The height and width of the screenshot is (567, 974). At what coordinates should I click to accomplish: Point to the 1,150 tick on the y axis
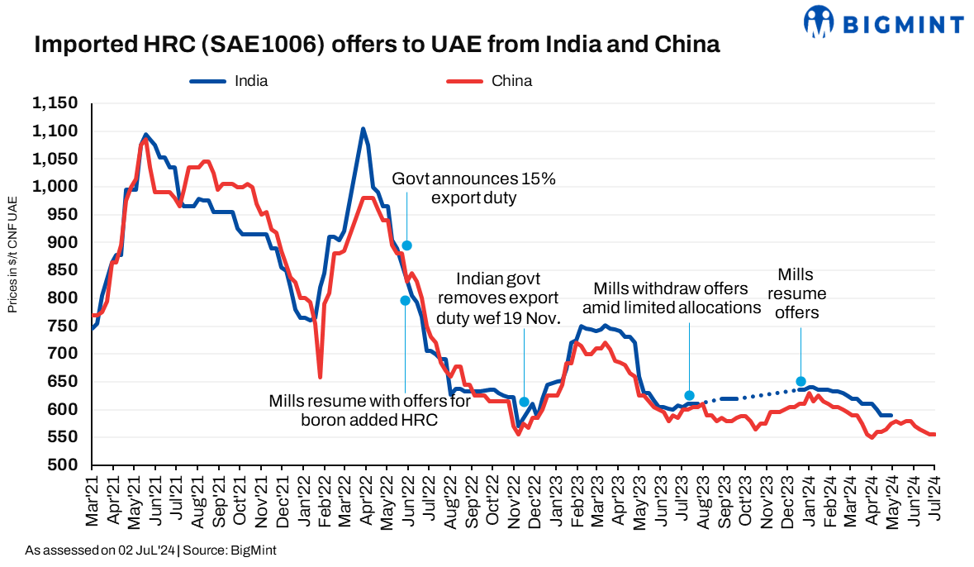tap(55, 103)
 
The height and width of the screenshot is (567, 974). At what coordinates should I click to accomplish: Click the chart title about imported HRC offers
tap(377, 45)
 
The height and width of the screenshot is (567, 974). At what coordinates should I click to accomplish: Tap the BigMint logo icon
tap(818, 22)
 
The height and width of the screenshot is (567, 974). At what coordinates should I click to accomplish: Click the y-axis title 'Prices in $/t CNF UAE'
tap(12, 255)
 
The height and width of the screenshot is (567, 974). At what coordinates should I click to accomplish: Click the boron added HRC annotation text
tap(370, 410)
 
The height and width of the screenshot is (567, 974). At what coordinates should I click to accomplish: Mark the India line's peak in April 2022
tap(363, 129)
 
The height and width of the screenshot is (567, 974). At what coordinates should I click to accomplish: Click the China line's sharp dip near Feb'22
tap(320, 377)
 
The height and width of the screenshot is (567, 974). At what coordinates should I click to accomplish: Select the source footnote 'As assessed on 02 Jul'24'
tap(150, 550)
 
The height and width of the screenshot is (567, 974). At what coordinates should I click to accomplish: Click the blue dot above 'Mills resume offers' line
tap(801, 382)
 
